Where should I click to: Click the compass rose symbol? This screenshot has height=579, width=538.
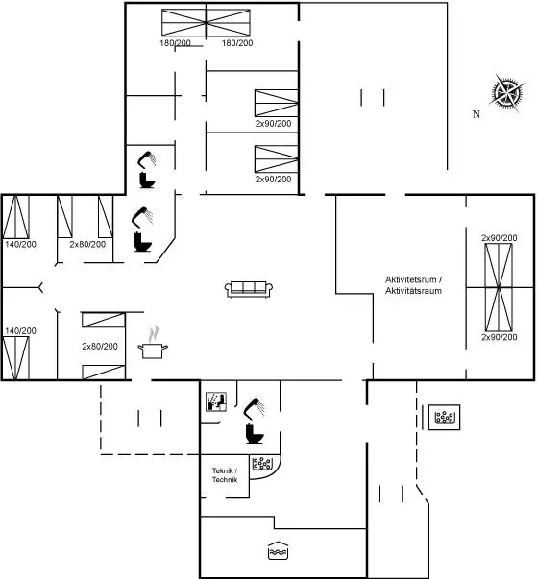pos(507,93)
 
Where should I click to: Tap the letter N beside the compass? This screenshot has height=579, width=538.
pos(477,114)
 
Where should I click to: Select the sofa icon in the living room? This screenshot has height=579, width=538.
pos(249,289)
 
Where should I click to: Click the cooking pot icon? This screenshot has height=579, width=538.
pos(153,350)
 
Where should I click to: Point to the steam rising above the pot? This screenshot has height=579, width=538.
pos(154,333)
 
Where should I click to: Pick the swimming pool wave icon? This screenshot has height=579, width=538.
pos(278,550)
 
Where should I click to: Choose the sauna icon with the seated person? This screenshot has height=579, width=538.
pos(216,401)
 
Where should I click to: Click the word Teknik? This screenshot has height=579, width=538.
pos(223,470)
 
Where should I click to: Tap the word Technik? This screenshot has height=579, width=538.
pos(225,480)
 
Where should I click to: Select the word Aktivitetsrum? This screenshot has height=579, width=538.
pos(411,279)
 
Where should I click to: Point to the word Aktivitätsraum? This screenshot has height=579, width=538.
pos(413,291)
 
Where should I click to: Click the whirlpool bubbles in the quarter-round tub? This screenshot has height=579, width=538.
pos(262,464)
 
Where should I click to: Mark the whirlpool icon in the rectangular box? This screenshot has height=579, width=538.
pos(444,418)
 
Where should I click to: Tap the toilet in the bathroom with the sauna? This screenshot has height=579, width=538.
pos(255,434)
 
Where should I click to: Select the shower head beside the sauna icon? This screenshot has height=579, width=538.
pos(255,409)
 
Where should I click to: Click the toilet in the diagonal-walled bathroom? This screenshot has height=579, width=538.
pos(142,242)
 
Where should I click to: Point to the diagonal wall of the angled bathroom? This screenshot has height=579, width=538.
pos(166,251)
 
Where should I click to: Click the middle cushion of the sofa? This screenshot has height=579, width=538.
pos(249,287)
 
